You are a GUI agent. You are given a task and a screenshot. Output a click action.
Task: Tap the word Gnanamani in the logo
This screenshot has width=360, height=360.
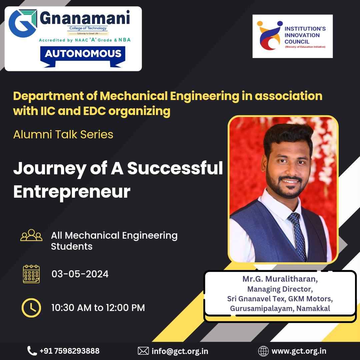coord(85,18)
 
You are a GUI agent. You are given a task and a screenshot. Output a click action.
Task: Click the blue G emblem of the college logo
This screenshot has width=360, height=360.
coord(23,23)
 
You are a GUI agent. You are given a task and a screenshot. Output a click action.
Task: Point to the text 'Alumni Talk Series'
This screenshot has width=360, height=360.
coord(63,135)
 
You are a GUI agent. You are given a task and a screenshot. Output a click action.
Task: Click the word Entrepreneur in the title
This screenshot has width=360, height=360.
coord(72,192)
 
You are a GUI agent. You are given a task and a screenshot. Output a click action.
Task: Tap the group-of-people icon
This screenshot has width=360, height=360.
coord(31,235)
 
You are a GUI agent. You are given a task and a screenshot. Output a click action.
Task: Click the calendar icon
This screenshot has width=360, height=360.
coord(31,274)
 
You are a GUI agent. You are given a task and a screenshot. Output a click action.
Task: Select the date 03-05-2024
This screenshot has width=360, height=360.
coord(80,274)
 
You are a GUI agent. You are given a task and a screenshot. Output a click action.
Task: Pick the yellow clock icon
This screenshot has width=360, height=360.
coord(31,308)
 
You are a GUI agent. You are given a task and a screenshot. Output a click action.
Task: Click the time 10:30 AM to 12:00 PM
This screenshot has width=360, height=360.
coord(98,308)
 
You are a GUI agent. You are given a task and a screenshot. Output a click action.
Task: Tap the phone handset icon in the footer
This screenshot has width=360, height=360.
coord(32,351)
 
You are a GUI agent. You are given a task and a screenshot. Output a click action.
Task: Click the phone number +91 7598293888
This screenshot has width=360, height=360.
coord(70,351)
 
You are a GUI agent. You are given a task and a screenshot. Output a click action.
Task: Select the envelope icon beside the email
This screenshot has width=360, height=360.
coord(143,351)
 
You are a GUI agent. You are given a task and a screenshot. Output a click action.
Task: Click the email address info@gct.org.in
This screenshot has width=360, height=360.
coord(180,351)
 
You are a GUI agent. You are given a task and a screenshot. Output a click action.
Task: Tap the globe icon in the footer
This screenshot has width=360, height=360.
coord(263,351)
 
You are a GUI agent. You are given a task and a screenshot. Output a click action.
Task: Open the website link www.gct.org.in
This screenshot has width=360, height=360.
coord(299,351)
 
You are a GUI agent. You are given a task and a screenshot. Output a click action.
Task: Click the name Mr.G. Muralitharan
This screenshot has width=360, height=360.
coord(280,279)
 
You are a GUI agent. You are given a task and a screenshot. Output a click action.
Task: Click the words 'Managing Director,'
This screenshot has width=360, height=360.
coord(280,289)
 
